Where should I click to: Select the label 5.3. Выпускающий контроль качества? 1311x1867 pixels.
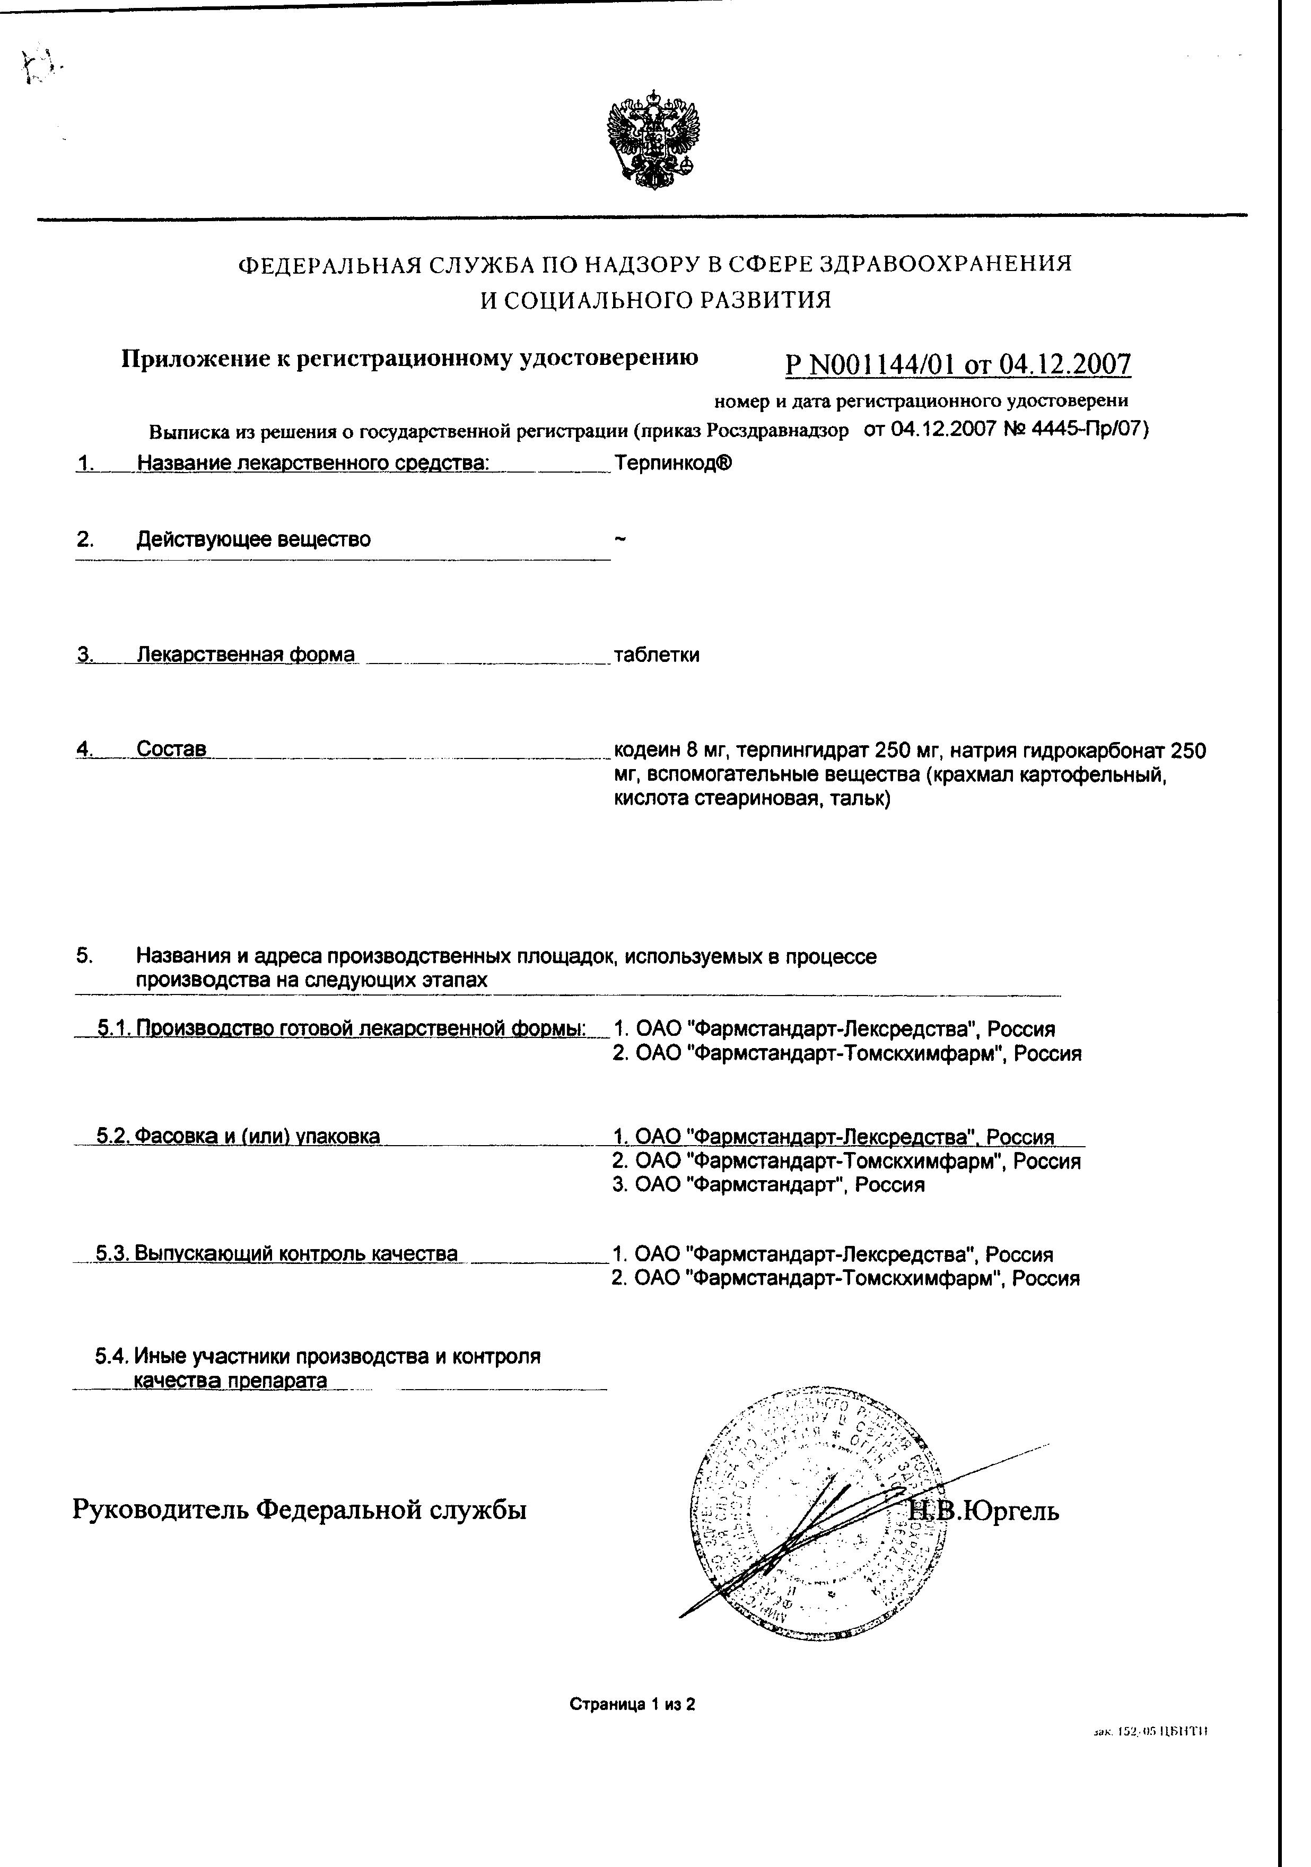[x=276, y=1253]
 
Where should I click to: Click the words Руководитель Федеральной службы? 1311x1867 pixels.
[x=299, y=1510]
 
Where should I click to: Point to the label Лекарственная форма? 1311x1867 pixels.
[x=245, y=655]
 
